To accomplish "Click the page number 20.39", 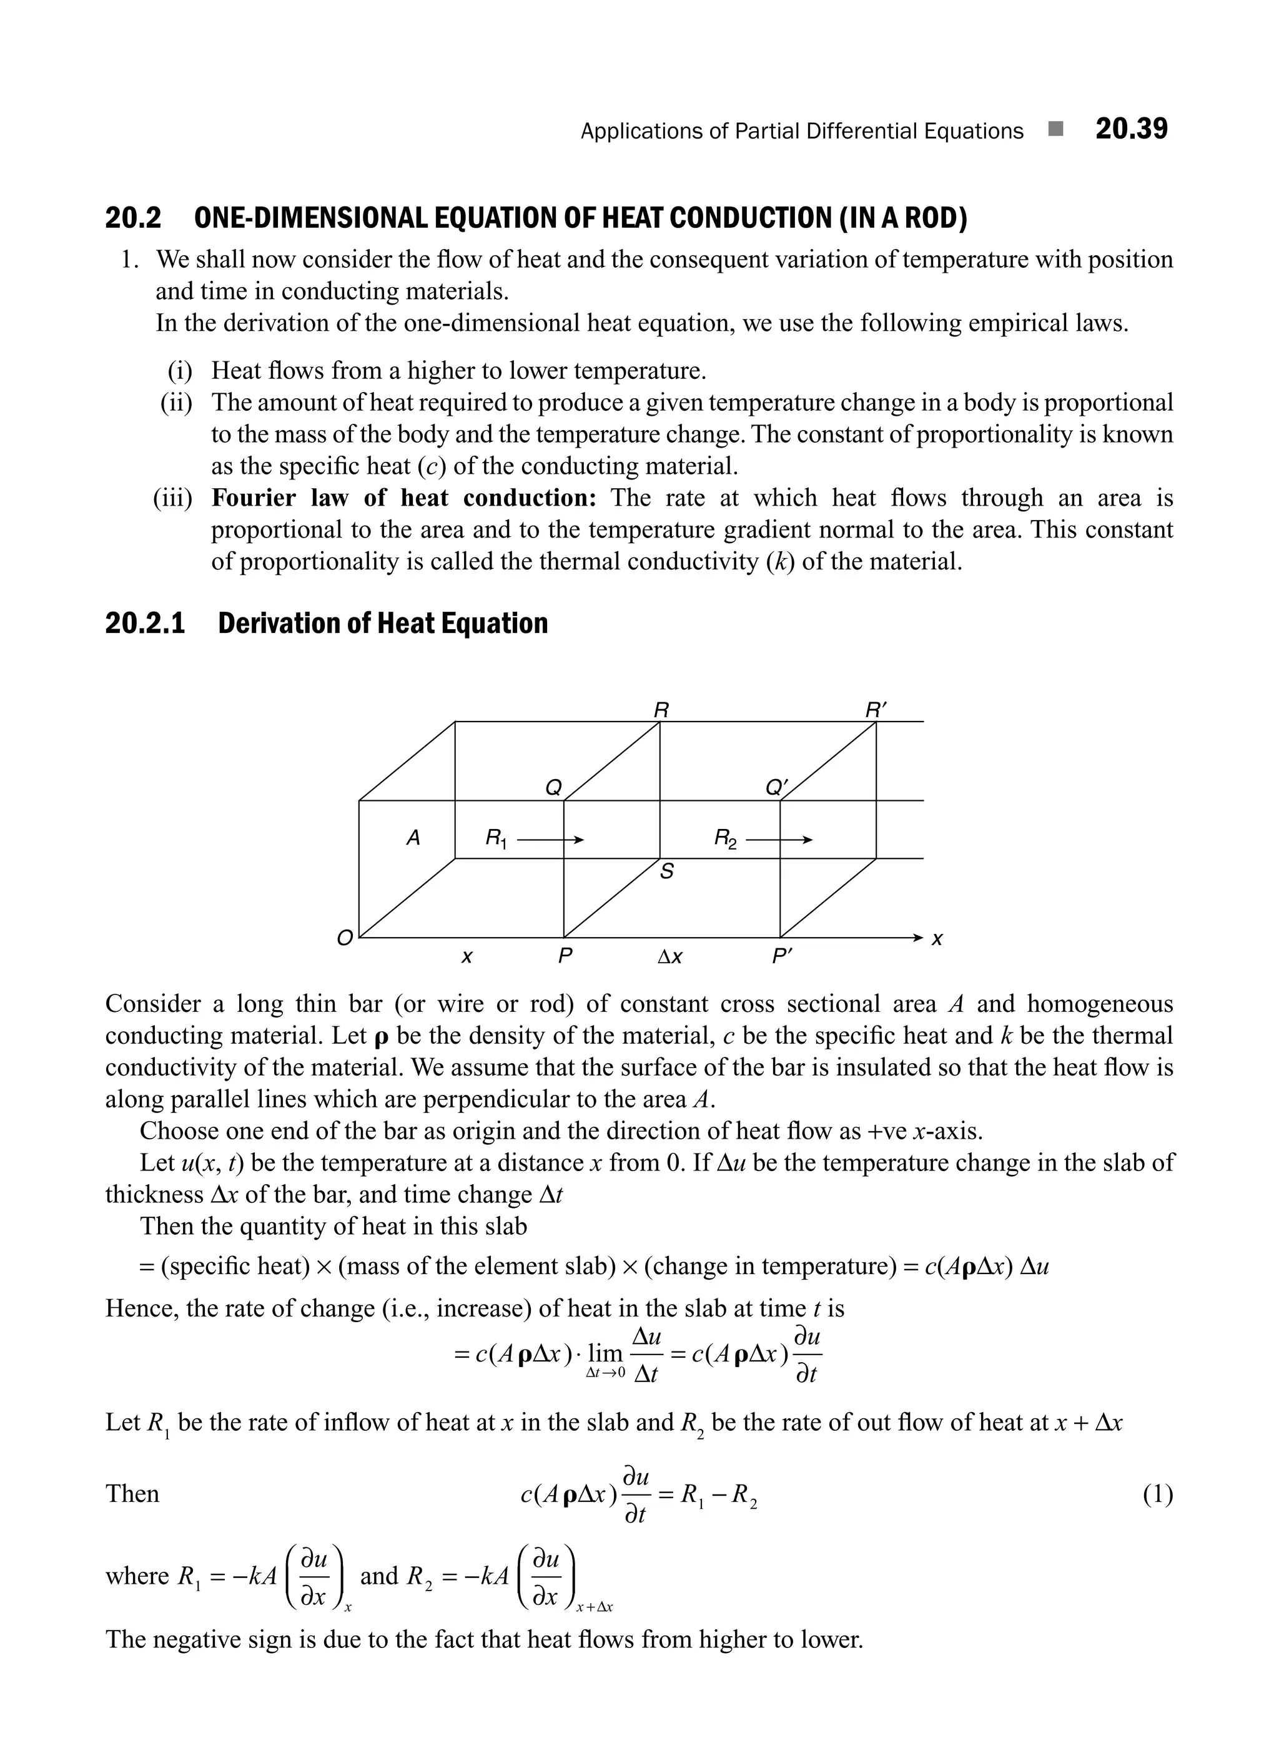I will click(x=1130, y=129).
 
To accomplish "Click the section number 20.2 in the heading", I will click(x=133, y=218).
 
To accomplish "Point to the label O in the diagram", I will click(x=343, y=938).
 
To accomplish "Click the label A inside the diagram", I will click(x=413, y=837).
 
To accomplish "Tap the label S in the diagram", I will click(x=666, y=872).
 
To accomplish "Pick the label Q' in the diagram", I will click(x=776, y=787).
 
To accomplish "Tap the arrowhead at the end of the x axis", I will click(x=918, y=937).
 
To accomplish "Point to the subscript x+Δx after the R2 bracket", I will click(x=594, y=1607).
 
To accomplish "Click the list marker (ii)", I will click(x=175, y=403).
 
